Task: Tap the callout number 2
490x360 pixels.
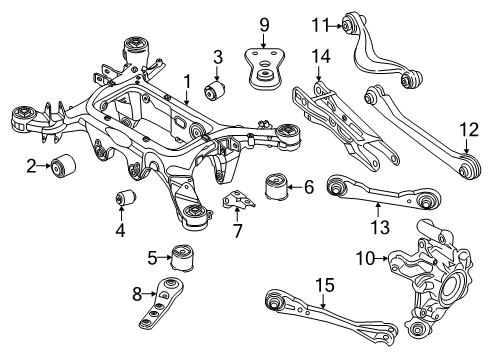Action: pyautogui.click(x=31, y=165)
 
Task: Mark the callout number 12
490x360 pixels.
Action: pyautogui.click(x=471, y=127)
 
